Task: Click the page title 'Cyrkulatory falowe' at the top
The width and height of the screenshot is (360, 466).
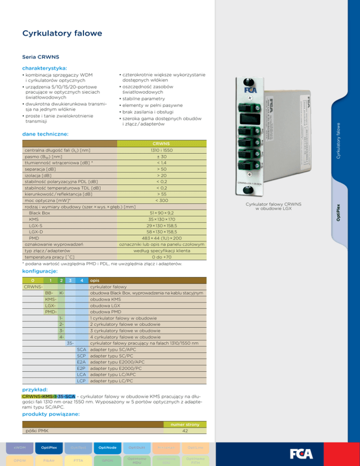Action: pyautogui.click(x=62, y=33)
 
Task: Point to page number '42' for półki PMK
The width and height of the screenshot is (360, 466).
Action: pyautogui.click(x=185, y=431)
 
